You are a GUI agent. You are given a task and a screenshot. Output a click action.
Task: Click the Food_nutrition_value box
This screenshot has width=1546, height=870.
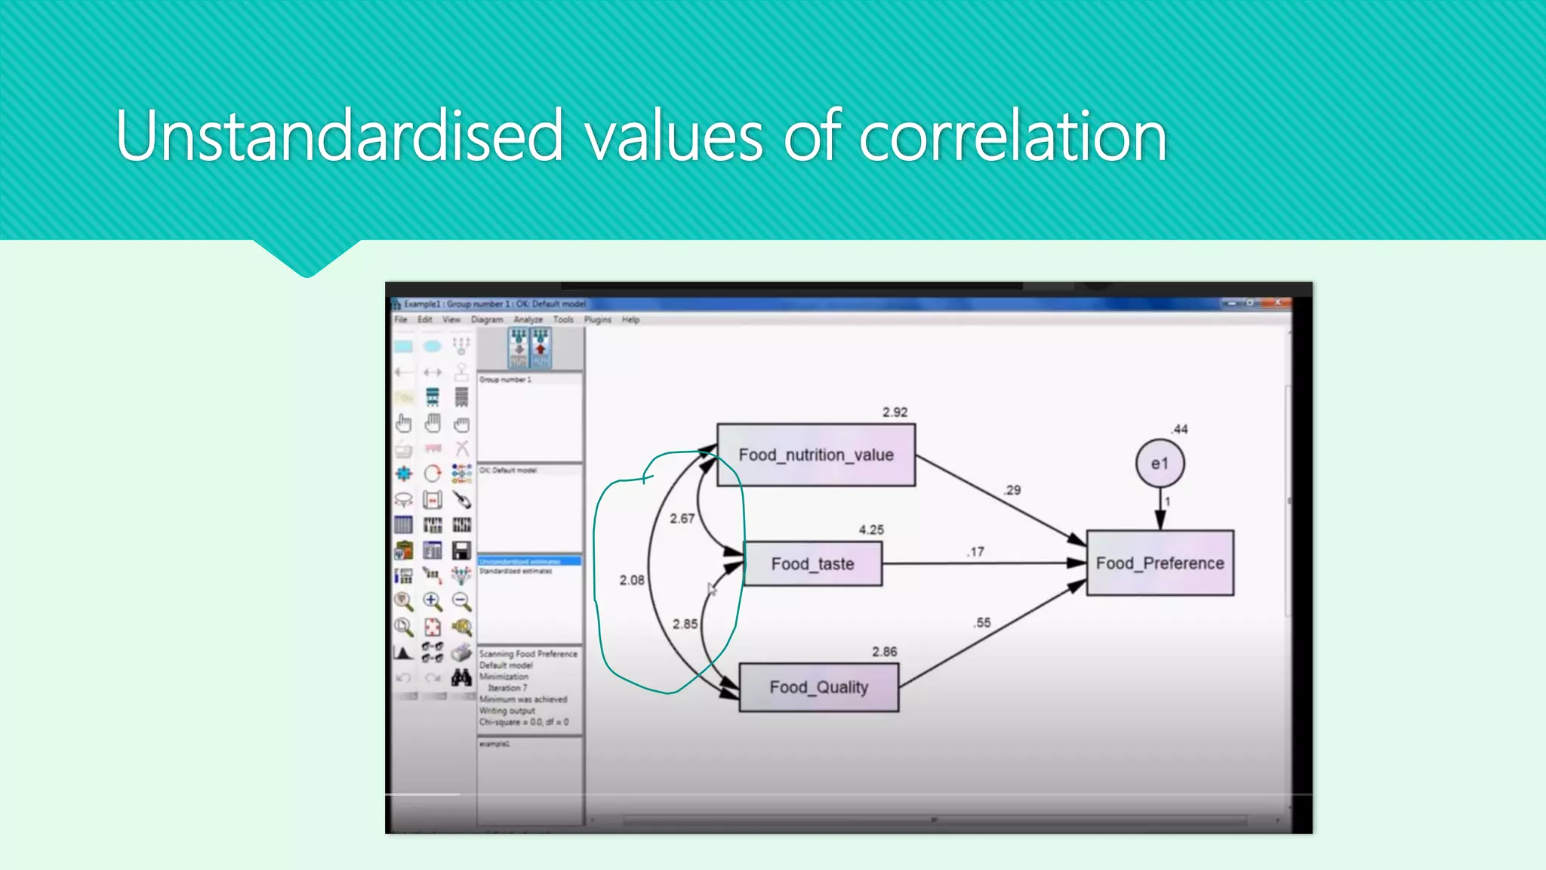[815, 455]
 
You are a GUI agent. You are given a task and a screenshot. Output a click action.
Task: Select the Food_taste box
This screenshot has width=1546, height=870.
[812, 563]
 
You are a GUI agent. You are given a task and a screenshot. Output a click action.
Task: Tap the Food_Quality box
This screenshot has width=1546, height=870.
[818, 687]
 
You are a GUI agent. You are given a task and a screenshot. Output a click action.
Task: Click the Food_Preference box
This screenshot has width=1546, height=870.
[1159, 563]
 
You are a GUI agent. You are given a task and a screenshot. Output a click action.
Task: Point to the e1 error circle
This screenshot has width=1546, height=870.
[1159, 463]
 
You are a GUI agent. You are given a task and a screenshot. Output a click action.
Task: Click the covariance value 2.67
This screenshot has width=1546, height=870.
[682, 519]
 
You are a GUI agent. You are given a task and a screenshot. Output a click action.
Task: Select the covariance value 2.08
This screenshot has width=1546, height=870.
[632, 580]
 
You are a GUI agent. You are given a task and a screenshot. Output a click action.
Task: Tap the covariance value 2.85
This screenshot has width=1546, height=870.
[685, 624]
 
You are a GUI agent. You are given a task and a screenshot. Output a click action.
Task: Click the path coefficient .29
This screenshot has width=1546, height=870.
[1012, 490]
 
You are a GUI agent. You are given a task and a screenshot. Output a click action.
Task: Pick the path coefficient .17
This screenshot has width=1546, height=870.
[975, 552]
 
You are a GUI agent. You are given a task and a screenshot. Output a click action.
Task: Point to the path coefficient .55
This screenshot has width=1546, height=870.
[981, 623]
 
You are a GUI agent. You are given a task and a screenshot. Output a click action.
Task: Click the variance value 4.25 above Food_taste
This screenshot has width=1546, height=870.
[870, 530]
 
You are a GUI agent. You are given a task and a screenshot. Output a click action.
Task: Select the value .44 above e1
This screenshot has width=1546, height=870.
[1179, 429]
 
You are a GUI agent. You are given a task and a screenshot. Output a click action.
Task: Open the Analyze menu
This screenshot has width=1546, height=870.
[528, 319]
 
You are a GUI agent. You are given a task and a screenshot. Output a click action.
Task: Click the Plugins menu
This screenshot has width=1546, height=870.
[597, 319]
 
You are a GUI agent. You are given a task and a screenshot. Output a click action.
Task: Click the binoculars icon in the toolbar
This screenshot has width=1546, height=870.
[461, 677]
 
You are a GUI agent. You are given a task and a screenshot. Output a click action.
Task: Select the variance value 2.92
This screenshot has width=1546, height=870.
[895, 412]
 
